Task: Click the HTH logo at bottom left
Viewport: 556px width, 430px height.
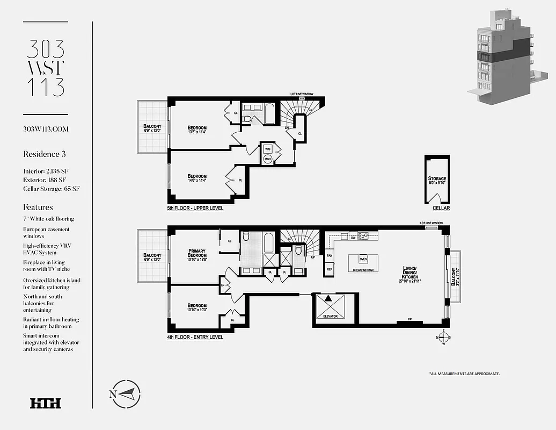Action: click(46, 403)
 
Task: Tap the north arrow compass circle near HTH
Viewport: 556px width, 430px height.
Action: click(126, 393)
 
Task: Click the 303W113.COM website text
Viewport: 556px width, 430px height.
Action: click(46, 129)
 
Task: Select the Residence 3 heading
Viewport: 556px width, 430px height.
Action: click(44, 154)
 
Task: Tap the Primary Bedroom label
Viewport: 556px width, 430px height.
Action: click(197, 254)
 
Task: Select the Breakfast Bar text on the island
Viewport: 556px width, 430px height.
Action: click(363, 270)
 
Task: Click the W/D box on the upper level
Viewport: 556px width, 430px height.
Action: click(267, 148)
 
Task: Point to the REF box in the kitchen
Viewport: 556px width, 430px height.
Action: click(330, 269)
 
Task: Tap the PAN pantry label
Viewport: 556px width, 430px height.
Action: click(330, 256)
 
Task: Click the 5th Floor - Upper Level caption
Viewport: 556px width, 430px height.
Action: click(195, 208)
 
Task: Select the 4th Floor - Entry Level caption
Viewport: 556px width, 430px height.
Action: click(195, 338)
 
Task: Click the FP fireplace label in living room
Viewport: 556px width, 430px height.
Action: click(409, 319)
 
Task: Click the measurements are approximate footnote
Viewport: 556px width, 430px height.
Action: click(464, 373)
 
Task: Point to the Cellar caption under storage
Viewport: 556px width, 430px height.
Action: click(441, 208)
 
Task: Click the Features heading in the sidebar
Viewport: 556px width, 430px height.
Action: click(38, 207)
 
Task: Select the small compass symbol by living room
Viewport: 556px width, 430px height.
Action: click(443, 338)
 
